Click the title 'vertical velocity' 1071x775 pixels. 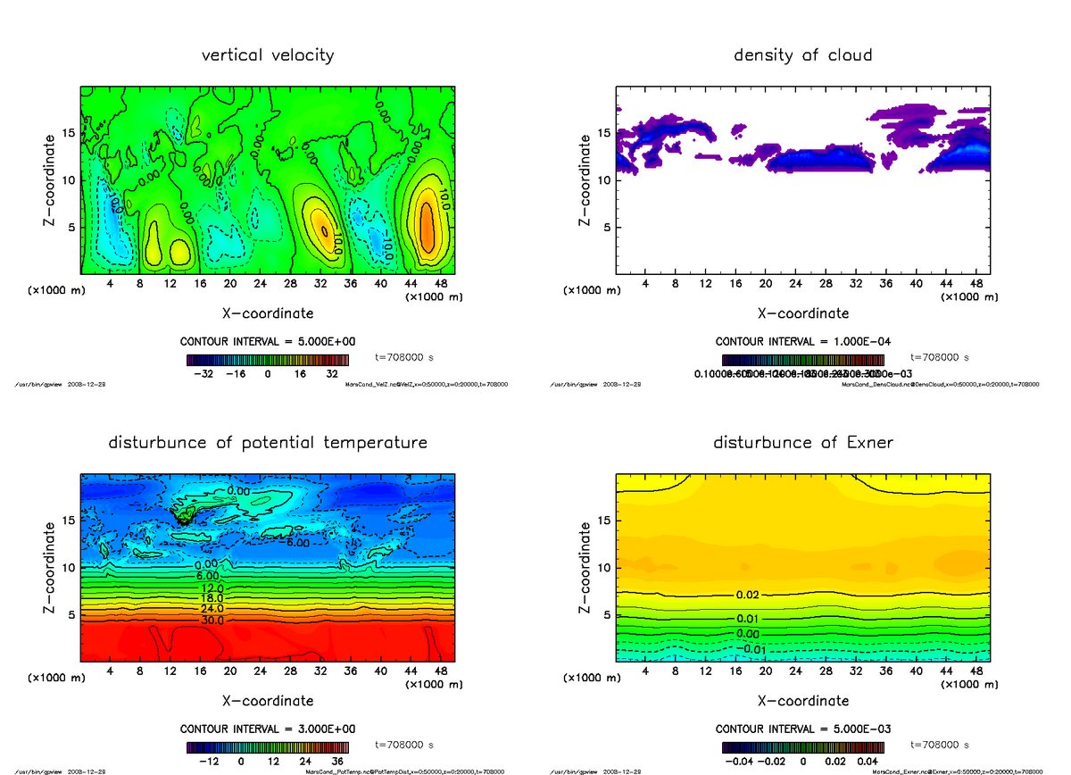point(268,55)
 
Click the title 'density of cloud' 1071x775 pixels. point(802,55)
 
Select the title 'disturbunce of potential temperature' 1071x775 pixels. point(268,443)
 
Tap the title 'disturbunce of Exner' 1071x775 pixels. point(802,443)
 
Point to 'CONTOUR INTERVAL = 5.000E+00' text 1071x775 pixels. point(269,342)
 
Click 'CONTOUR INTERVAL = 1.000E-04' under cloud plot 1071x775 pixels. point(803,342)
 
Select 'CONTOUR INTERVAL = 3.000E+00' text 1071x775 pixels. point(269,729)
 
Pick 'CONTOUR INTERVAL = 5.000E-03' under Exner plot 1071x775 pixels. point(803,729)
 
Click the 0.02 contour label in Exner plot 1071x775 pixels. point(748,595)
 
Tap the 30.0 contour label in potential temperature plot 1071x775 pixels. point(212,620)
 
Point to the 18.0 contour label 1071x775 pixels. point(212,599)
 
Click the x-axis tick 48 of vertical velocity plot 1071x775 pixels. point(441,283)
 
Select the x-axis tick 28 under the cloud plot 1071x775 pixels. point(826,283)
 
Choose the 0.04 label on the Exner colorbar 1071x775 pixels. point(869,762)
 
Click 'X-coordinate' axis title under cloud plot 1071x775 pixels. point(802,313)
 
